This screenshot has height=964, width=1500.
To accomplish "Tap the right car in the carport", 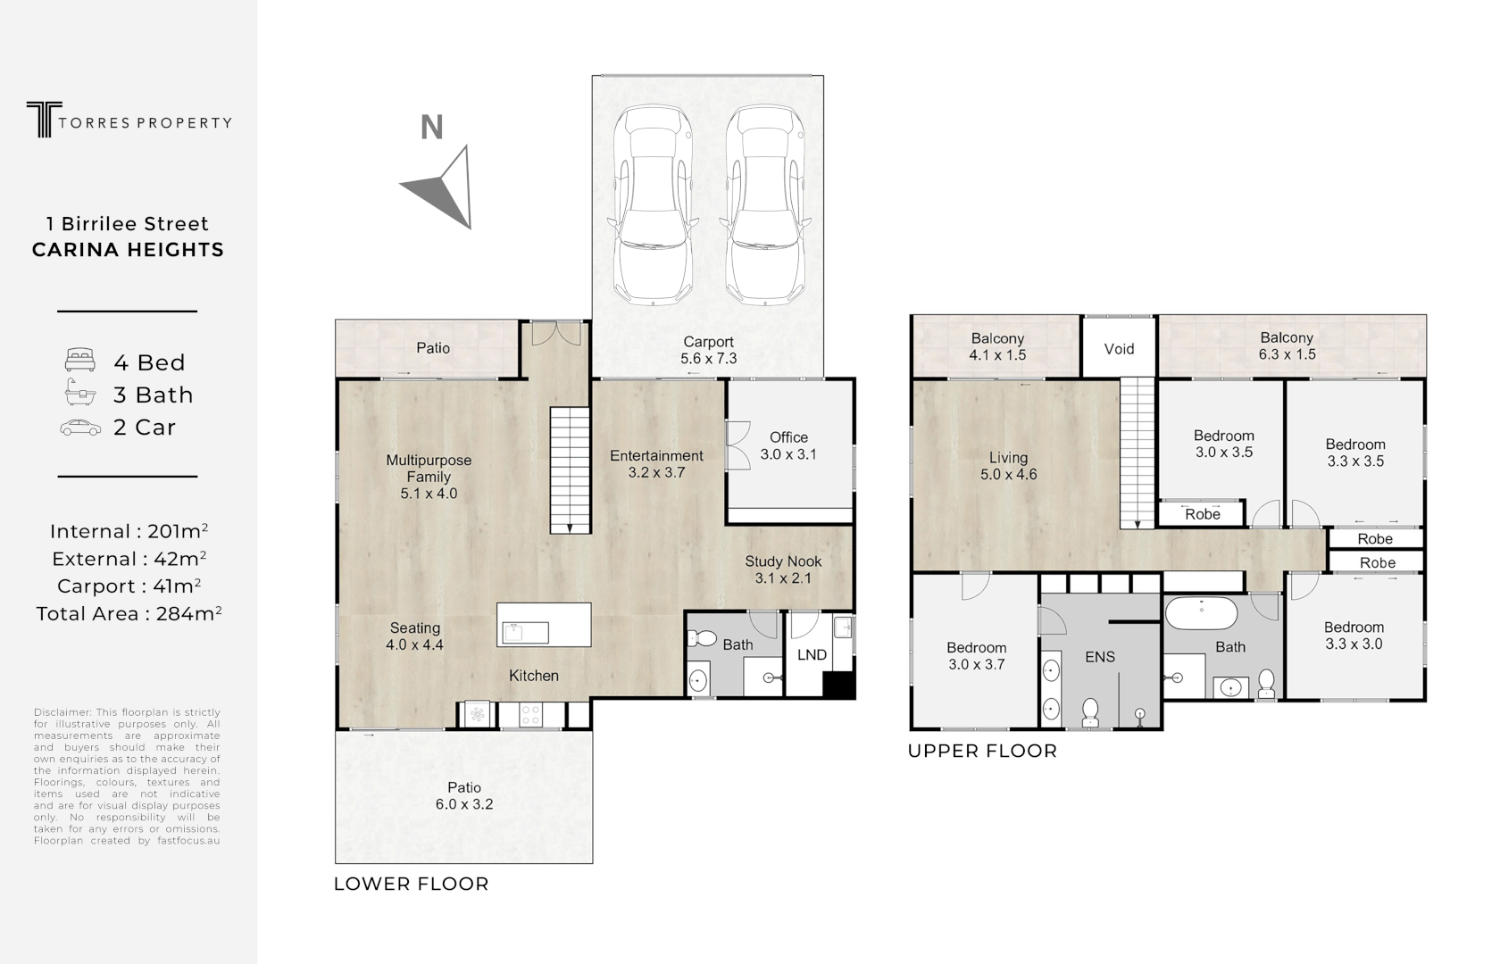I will coord(767,205).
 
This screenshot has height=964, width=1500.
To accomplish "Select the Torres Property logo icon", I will coord(39,120).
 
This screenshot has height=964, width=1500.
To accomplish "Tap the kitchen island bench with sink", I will coord(544,625).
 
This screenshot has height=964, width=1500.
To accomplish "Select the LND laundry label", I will coord(812,654).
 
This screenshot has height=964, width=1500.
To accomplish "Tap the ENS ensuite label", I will coord(1100,657).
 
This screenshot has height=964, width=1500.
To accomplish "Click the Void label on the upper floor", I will coord(1119,349).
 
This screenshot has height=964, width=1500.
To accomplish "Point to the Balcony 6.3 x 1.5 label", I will coord(1287,345).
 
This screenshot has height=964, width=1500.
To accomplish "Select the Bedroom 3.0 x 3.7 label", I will coord(976,656).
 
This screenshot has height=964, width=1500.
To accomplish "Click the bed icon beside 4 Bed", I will coord(80,361).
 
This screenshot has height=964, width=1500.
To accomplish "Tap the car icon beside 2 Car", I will coord(80,428).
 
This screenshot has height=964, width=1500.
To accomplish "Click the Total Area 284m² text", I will coord(129,614).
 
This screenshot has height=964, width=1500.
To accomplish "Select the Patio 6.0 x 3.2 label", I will coord(464,795).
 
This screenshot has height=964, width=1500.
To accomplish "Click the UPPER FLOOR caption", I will coord(982,752).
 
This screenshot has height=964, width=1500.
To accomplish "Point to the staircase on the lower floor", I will coord(570,470).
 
